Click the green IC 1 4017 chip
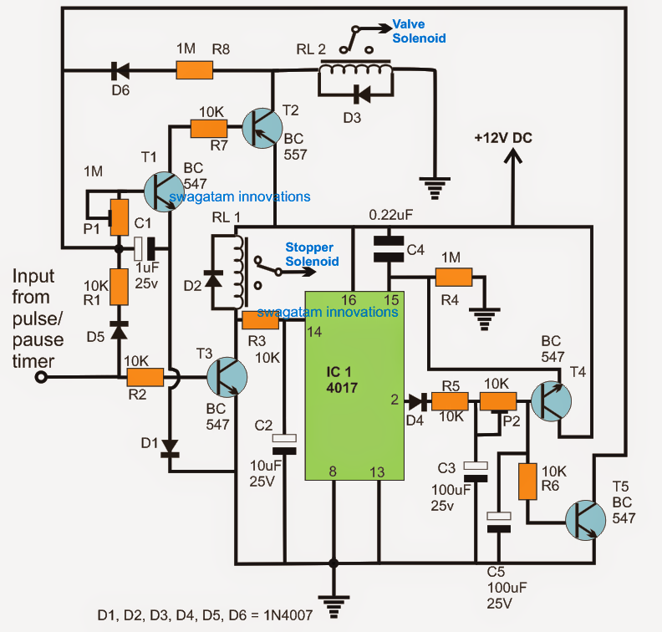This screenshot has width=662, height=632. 354,385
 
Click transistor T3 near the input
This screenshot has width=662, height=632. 227,377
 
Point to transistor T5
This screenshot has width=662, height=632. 583,519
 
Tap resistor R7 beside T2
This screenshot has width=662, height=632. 209,128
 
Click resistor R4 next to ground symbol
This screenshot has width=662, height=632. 453,278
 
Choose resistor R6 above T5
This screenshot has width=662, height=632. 527,482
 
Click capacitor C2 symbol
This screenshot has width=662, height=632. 285,443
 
